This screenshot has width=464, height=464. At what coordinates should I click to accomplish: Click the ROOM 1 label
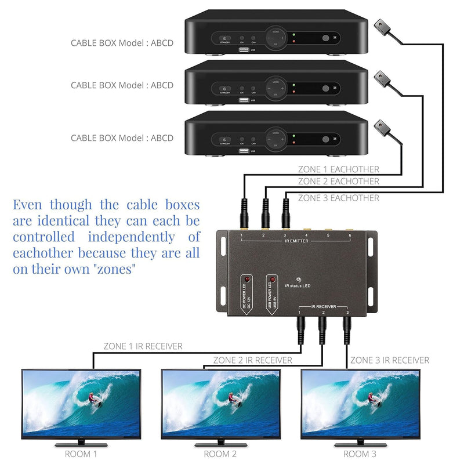point(80,454)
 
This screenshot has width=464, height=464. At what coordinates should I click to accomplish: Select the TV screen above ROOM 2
point(220,403)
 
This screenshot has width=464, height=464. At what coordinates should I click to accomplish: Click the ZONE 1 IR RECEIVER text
point(143,346)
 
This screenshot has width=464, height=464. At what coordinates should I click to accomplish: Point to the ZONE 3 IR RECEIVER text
point(390,360)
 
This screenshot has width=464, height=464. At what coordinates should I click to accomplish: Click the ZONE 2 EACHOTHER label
point(338,182)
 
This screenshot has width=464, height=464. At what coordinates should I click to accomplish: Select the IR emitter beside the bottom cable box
point(380,125)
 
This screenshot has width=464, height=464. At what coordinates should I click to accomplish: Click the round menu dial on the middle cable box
point(275,86)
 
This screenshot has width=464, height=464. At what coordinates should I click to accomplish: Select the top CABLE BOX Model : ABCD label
point(122,42)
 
